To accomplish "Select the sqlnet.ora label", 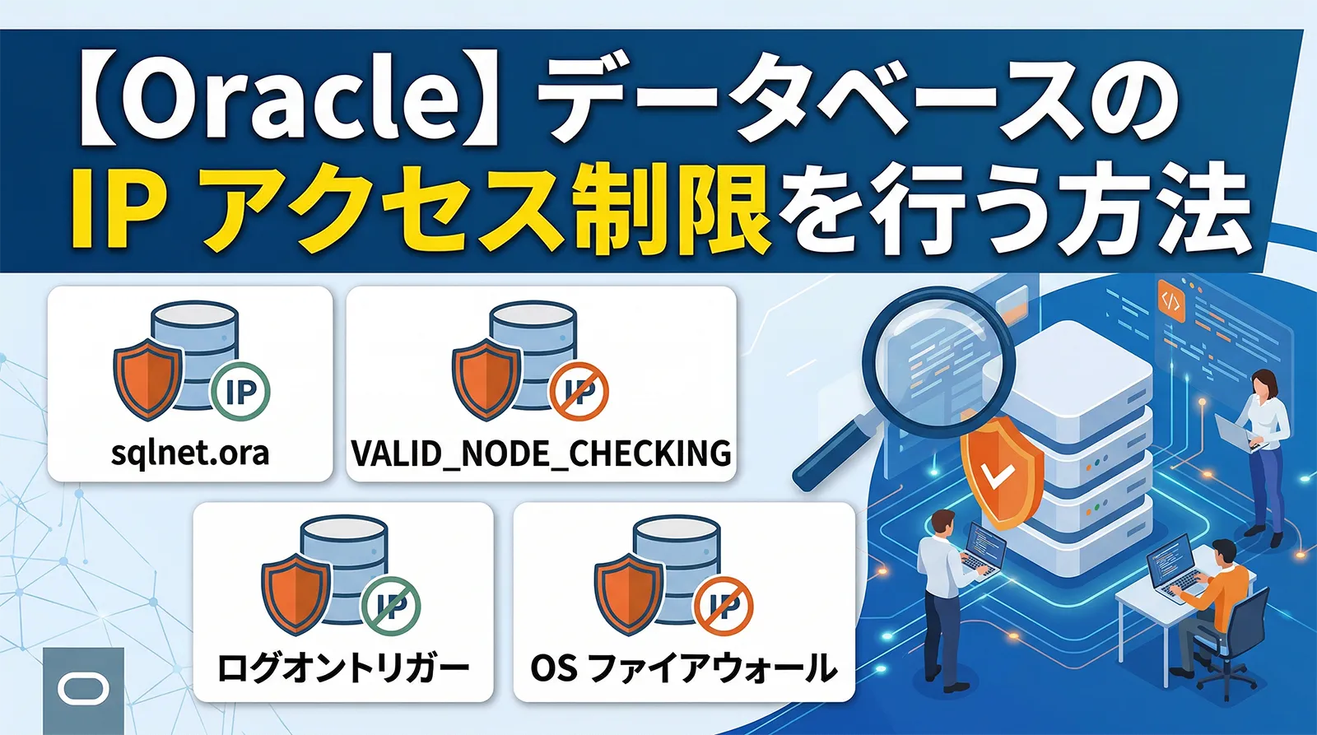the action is pyautogui.click(x=190, y=454).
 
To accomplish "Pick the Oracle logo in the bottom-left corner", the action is pyautogui.click(x=83, y=690).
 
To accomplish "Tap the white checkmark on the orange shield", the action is pyautogui.click(x=999, y=475).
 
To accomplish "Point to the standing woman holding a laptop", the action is pyautogui.click(x=1263, y=453).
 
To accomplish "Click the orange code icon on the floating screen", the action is pyautogui.click(x=1170, y=301).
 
